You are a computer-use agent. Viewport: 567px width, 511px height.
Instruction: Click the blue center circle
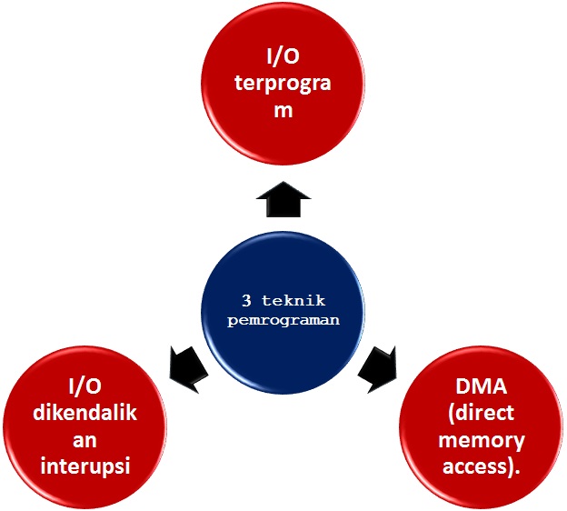click(283, 313)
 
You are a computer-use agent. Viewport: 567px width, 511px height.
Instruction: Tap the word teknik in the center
click(293, 301)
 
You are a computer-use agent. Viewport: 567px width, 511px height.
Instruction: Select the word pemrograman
click(283, 321)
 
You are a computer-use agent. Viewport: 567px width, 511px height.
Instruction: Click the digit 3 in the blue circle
click(246, 301)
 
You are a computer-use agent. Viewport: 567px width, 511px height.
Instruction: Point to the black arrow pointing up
click(283, 199)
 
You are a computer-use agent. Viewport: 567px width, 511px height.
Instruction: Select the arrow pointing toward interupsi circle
click(188, 369)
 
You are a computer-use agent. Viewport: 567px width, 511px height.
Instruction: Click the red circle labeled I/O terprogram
click(283, 83)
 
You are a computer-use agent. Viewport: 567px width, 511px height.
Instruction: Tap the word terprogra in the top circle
click(283, 84)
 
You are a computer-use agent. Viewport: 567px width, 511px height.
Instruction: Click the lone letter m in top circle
click(283, 110)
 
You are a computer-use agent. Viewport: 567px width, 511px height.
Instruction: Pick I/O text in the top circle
click(283, 56)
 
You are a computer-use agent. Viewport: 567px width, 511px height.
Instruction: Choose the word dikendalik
click(85, 413)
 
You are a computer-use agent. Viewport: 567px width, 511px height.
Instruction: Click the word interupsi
click(85, 466)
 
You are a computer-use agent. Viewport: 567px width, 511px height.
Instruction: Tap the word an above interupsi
click(85, 441)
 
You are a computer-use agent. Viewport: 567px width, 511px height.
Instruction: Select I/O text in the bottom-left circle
click(85, 386)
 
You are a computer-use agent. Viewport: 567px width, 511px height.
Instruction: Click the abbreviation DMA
click(481, 386)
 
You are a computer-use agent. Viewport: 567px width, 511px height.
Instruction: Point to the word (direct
click(481, 413)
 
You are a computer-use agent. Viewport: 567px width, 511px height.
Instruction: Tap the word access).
click(482, 466)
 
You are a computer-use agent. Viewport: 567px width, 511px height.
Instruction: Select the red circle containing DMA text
click(482, 427)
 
